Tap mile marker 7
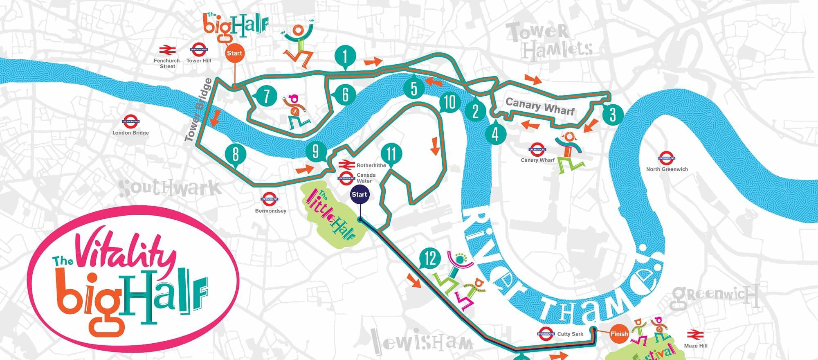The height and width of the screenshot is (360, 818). point(266,97)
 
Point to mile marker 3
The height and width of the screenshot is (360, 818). point(612,115)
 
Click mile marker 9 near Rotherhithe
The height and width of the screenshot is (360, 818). point(315,152)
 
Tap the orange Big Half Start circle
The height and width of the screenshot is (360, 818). point(234,53)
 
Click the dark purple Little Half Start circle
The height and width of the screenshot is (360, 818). point(359,194)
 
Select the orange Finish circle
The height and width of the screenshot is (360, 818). point(619,334)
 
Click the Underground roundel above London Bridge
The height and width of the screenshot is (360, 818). point(131,122)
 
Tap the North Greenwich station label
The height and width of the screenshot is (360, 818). point(667,169)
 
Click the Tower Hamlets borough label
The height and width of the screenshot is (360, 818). point(548,41)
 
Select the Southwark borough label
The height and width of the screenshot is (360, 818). point(170,188)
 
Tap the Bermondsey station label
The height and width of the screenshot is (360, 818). point(270,211)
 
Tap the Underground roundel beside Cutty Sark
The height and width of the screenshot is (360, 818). point(546,334)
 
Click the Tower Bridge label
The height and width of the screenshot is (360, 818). point(198,110)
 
